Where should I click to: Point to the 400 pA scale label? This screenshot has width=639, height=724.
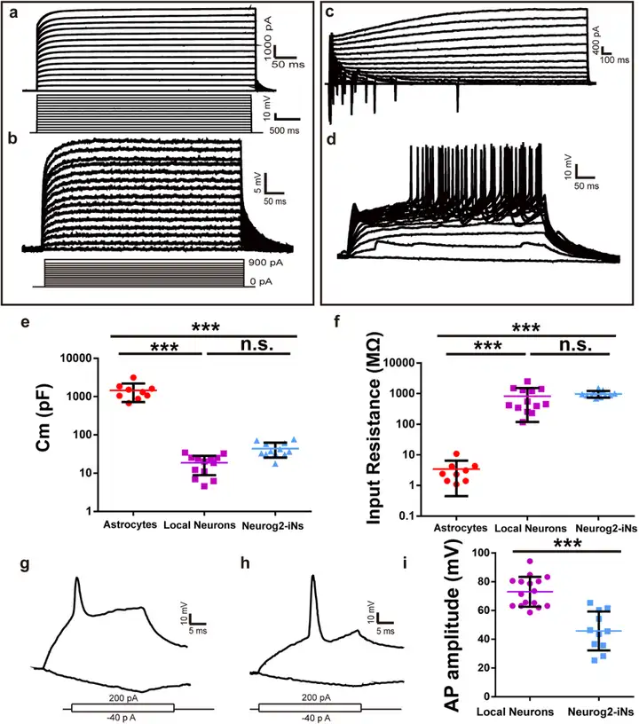click(598, 37)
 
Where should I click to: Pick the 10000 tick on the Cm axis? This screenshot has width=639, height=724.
click(77, 358)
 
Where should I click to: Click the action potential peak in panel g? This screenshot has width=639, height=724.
click(78, 579)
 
